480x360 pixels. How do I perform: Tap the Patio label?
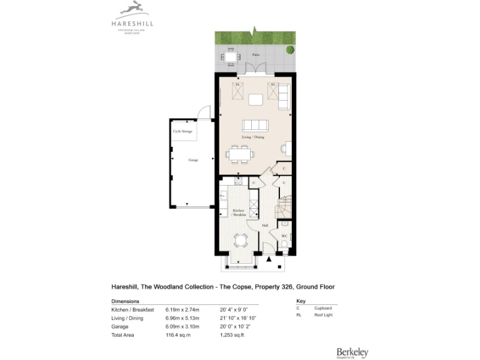pyautogui.click(x=256, y=55)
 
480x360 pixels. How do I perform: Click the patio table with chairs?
pyautogui.click(x=230, y=57)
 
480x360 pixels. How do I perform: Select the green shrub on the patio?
pyautogui.click(x=289, y=50)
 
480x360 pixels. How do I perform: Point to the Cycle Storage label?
pyautogui.click(x=182, y=131)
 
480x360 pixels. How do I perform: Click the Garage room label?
pyautogui.click(x=194, y=160)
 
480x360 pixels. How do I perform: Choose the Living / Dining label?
pyautogui.click(x=254, y=137)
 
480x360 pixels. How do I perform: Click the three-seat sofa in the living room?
pyautogui.click(x=255, y=124)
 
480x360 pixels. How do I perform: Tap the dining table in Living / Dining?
pyautogui.click(x=241, y=153)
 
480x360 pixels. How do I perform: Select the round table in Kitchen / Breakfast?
pyautogui.click(x=240, y=240)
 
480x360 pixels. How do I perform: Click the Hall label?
pyautogui.click(x=265, y=225)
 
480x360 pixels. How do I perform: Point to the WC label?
pyautogui.click(x=284, y=236)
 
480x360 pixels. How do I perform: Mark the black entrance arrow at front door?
pyautogui.click(x=269, y=258)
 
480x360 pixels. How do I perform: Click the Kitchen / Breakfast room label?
pyautogui.click(x=239, y=212)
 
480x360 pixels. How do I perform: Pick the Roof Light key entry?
pyautogui.click(x=323, y=316)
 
